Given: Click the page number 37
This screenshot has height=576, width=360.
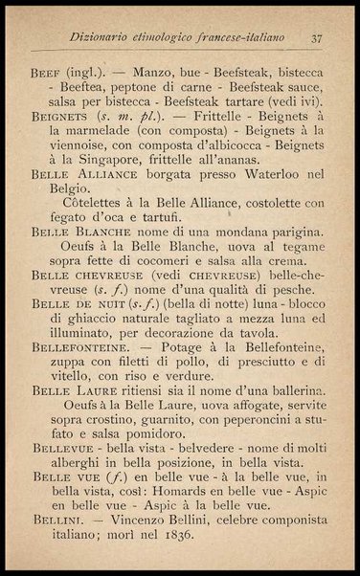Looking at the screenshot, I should point(317,38).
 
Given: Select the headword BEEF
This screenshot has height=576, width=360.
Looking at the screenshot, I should point(45,72).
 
